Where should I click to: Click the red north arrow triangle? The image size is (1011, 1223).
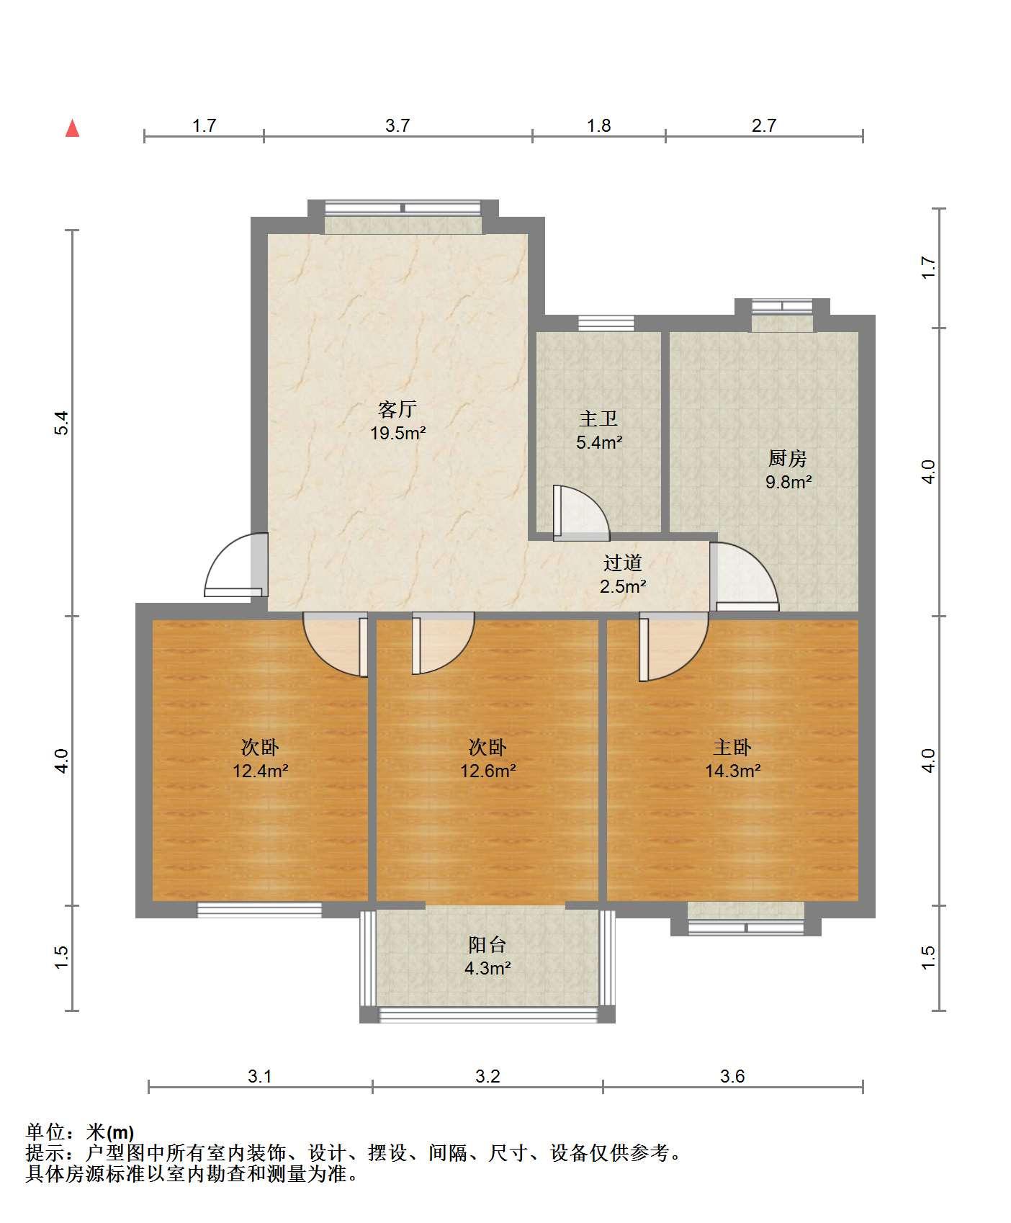[x=72, y=128]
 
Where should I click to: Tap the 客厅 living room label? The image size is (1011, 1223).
[x=397, y=409]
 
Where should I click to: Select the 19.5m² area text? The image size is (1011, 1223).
[x=397, y=434]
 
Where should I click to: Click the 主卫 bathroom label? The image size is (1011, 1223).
[x=598, y=418]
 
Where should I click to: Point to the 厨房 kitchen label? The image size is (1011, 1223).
[x=787, y=457]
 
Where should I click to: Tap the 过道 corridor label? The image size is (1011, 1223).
[x=622, y=563]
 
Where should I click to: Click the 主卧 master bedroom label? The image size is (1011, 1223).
[x=732, y=747]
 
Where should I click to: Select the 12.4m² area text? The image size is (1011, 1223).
[x=260, y=771]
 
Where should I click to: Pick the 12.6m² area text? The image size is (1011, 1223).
[x=487, y=771]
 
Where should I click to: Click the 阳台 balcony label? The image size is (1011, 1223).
[x=487, y=944]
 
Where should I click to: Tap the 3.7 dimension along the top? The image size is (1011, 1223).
[x=397, y=126]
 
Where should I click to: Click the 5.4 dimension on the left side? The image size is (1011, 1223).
[x=62, y=423]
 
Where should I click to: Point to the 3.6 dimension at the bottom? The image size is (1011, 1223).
[x=732, y=1077]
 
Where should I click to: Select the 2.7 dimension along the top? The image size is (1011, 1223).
[x=764, y=126]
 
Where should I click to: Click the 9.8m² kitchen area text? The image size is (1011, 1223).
[x=788, y=482]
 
